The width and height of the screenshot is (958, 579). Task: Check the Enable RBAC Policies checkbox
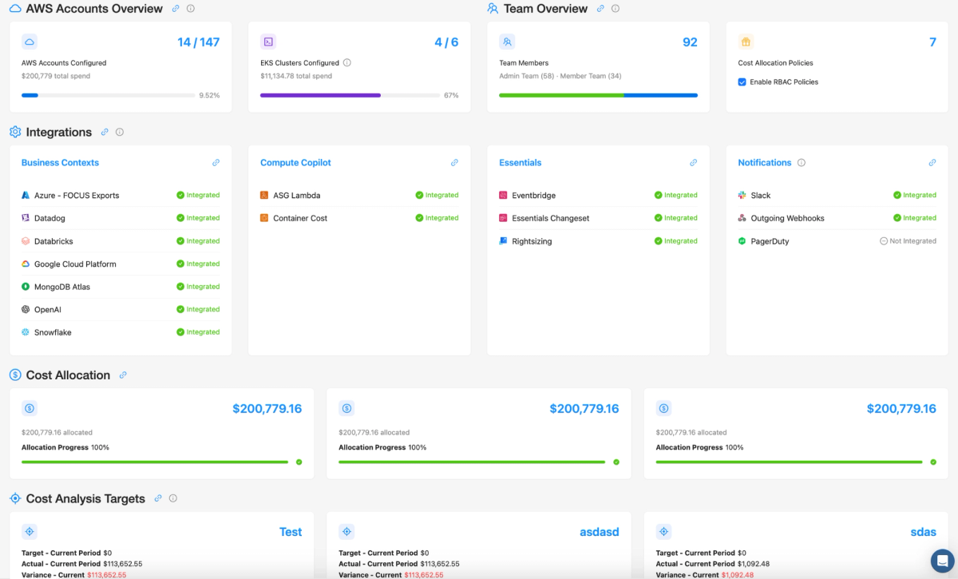point(742,81)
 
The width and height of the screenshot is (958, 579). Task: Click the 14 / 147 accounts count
point(199,42)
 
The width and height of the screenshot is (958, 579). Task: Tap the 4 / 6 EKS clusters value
point(446,42)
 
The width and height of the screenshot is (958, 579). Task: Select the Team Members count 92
point(690,42)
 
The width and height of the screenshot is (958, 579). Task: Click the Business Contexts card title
point(60,163)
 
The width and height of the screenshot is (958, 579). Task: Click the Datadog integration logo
point(26,218)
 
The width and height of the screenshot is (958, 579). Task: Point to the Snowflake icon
point(26,332)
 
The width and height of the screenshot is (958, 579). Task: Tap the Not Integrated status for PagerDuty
point(908,241)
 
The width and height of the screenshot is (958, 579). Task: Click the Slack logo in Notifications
point(742,195)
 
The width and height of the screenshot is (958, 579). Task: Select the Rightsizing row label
point(532,241)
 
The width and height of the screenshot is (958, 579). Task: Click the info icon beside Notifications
point(802,163)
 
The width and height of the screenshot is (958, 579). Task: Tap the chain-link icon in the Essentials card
point(693,163)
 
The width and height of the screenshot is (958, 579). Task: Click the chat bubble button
point(942,561)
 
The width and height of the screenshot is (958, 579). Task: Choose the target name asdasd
point(600,532)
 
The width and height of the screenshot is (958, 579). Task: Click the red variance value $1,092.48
point(738,575)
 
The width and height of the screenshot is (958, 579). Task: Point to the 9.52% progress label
point(209,95)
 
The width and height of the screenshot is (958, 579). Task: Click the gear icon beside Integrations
point(15,132)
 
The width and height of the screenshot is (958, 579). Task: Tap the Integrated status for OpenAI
point(198,309)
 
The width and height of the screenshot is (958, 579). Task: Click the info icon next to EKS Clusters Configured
point(347,63)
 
